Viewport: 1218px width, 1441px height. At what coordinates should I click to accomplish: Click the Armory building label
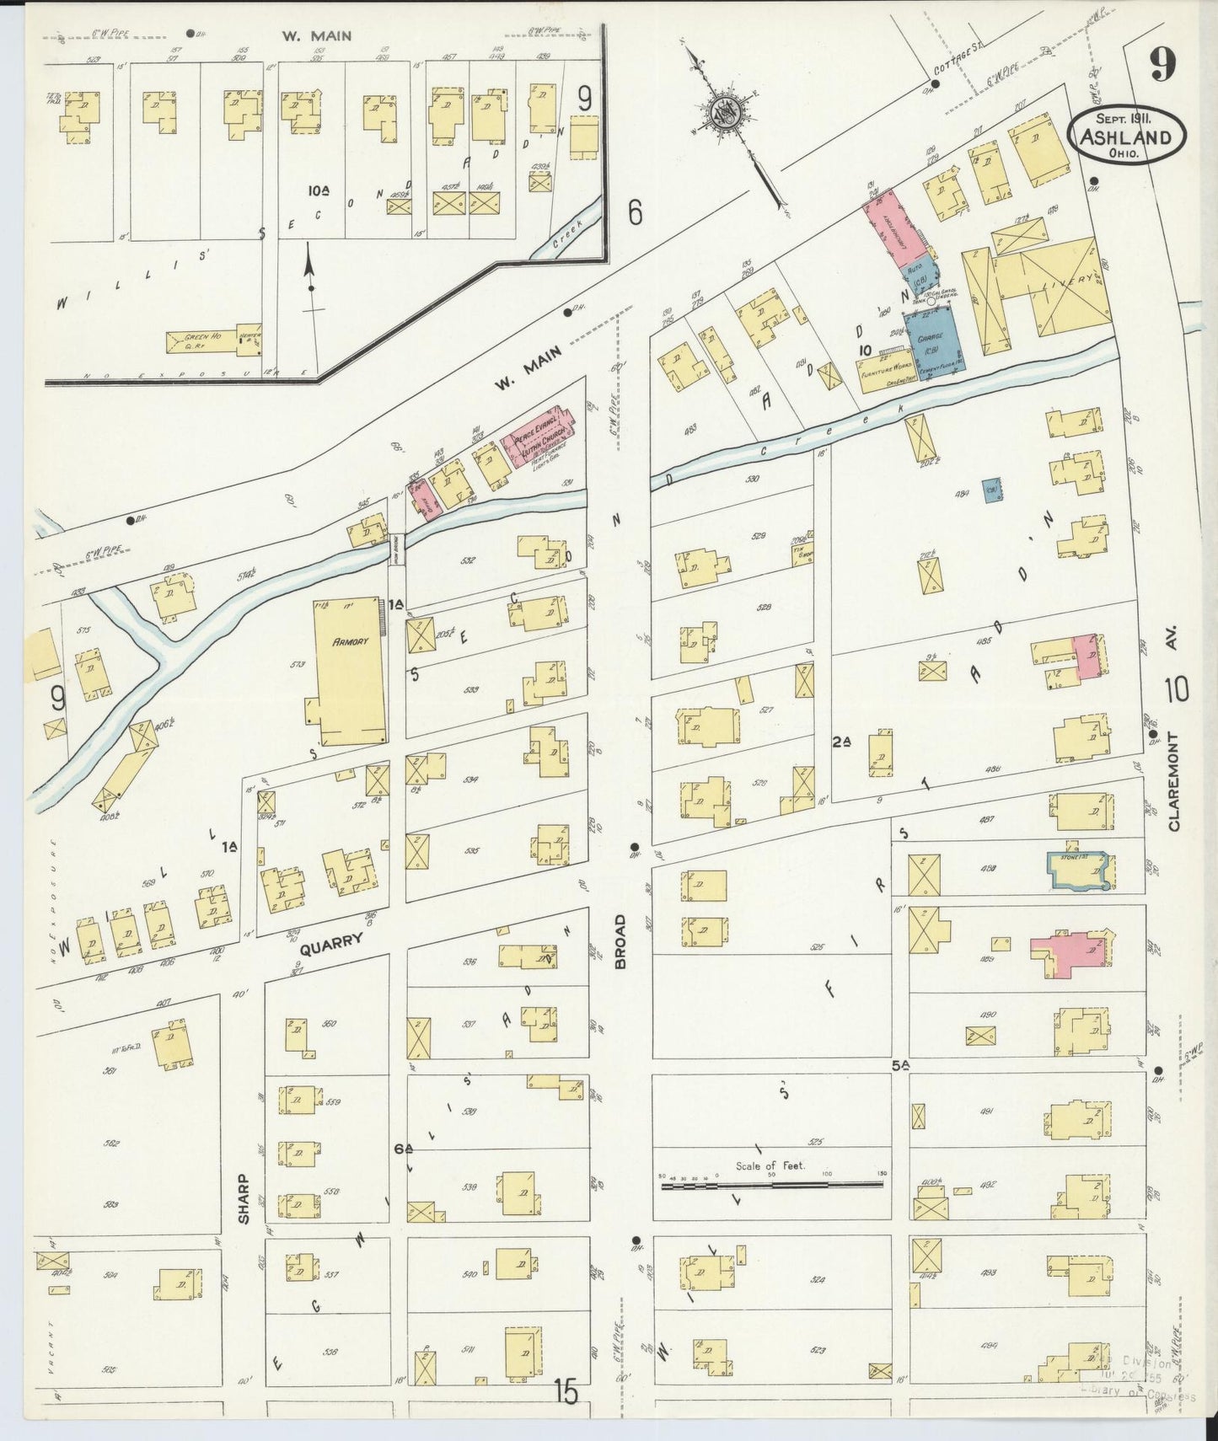click(x=351, y=641)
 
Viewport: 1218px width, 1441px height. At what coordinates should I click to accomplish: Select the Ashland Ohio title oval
click(x=1126, y=135)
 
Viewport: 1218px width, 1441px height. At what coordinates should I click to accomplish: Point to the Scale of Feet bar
click(x=772, y=1185)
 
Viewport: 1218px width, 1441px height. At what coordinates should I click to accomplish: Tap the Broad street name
click(x=621, y=940)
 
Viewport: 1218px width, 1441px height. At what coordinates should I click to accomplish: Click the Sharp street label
click(x=244, y=1199)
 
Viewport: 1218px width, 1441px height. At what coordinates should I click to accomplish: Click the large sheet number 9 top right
click(x=1162, y=66)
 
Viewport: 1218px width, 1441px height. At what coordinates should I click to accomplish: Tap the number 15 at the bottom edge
click(x=566, y=1391)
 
